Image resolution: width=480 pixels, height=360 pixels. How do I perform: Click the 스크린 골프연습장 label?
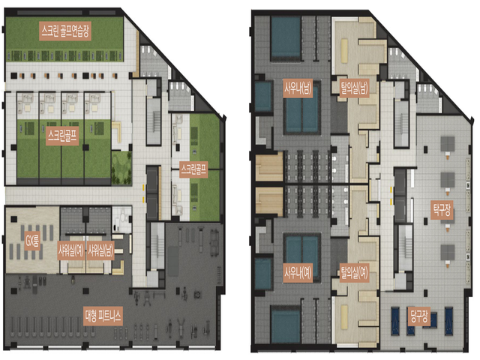click(65, 31)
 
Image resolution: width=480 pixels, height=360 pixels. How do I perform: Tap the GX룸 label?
click(32, 242)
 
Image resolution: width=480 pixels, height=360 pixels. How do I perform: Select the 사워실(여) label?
click(71, 250)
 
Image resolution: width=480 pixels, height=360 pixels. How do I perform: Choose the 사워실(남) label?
click(100, 250)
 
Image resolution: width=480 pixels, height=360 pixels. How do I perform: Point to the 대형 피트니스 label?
click(103, 315)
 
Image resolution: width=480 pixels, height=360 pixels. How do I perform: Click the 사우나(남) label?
click(298, 88)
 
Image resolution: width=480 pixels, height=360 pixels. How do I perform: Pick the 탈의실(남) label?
click(354, 88)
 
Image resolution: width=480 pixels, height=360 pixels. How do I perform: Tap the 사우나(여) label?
click(298, 272)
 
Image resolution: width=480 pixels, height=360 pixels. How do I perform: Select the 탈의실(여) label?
click(354, 272)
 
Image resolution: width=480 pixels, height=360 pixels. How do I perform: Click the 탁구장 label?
click(442, 210)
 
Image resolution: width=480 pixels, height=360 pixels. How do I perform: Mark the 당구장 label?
click(419, 316)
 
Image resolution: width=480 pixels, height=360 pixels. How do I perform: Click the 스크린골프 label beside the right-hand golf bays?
click(193, 169)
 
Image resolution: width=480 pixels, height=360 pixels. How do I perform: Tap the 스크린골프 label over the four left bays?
click(62, 136)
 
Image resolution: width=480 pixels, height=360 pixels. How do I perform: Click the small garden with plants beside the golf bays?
click(121, 168)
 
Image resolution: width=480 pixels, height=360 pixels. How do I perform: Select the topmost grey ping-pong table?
click(448, 143)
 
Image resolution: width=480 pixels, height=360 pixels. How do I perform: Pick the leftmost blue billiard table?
click(396, 317)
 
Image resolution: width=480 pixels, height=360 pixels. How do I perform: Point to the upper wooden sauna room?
click(269, 167)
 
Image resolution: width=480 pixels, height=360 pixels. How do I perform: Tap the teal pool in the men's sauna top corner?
click(286, 38)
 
